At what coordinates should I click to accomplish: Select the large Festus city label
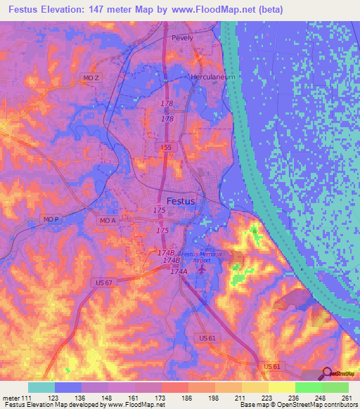pos(181,200)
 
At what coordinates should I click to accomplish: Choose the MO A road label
pos(108,221)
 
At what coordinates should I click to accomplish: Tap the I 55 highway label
pos(166,147)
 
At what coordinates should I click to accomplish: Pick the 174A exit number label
pos(179,271)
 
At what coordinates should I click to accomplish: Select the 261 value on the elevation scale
pos(345,398)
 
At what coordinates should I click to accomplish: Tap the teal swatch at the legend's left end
pos(41,387)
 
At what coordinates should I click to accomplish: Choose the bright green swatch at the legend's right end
pos(335,387)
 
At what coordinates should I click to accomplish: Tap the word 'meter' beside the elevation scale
pos(11,398)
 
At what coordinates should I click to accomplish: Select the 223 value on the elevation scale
pos(266,398)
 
